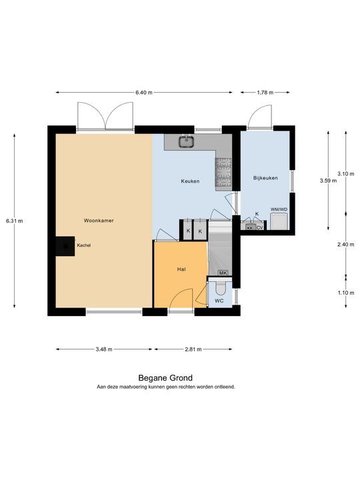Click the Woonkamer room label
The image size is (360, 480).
pyautogui.click(x=99, y=221)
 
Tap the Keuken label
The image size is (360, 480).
pyautogui.click(x=190, y=181)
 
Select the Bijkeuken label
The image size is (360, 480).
pyautogui.click(x=265, y=178)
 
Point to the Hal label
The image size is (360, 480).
pyautogui.click(x=181, y=269)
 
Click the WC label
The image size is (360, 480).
pyautogui.click(x=219, y=301)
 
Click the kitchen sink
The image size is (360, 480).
pyautogui.click(x=185, y=141)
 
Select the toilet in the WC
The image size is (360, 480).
pyautogui.click(x=221, y=288)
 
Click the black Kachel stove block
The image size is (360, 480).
pyautogui.click(x=65, y=246)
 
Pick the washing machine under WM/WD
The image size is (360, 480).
pyautogui.click(x=279, y=221)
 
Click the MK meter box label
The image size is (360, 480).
pyautogui.click(x=223, y=273)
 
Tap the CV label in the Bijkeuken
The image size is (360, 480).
pyautogui.click(x=259, y=228)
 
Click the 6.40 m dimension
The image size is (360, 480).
pyautogui.click(x=144, y=93)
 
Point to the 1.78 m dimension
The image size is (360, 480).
pyautogui.click(x=265, y=93)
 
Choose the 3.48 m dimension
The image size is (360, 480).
pyautogui.click(x=104, y=349)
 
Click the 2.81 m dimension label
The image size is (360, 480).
pyautogui.click(x=193, y=349)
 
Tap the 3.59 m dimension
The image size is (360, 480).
pyautogui.click(x=328, y=181)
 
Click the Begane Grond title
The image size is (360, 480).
pyautogui.click(x=165, y=378)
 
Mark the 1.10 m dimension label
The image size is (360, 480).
pyautogui.click(x=346, y=293)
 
